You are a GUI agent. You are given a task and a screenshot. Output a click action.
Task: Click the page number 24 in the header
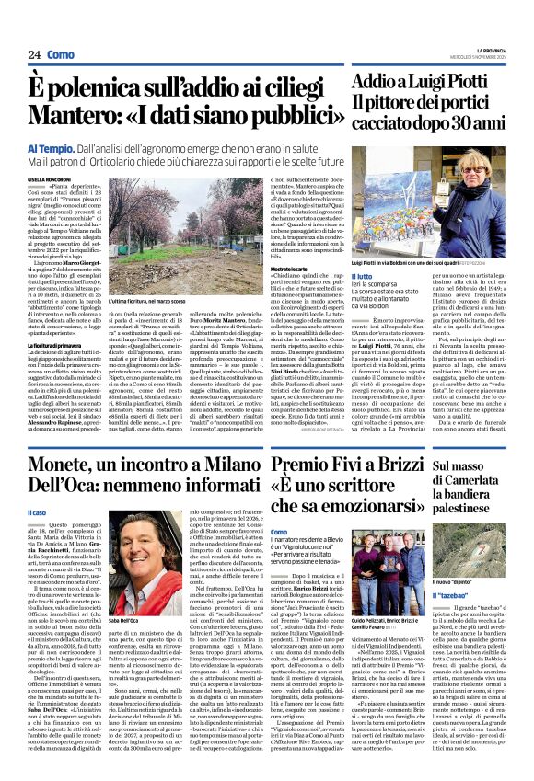coord(35,54)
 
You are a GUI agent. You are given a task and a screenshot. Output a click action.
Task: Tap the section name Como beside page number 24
coord(61,54)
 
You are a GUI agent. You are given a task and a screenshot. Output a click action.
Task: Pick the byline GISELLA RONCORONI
coord(48,178)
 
